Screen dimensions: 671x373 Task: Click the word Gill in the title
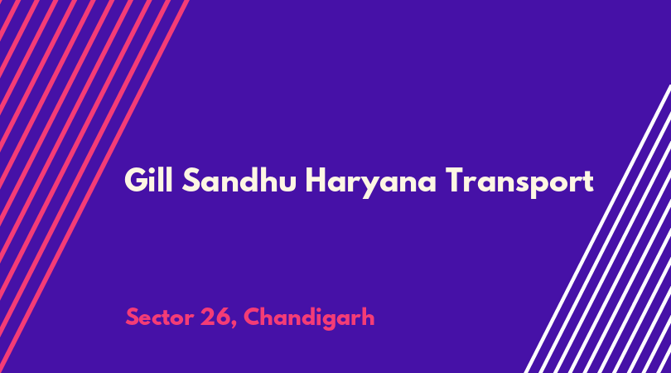click(x=148, y=180)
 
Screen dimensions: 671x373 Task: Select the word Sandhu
click(x=239, y=180)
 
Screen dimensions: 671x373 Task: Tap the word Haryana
click(x=371, y=182)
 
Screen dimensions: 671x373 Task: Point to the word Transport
click(x=519, y=182)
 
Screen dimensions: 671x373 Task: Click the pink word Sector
click(x=160, y=317)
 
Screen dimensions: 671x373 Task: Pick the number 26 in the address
click(x=215, y=317)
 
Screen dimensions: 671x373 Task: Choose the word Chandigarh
click(x=309, y=318)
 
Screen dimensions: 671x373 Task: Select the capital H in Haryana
click(x=316, y=180)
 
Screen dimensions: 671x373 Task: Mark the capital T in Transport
click(x=456, y=180)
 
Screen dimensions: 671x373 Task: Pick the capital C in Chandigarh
click(x=253, y=317)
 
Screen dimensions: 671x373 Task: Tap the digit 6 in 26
click(x=224, y=317)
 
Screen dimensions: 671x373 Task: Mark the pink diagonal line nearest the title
click(x=94, y=186)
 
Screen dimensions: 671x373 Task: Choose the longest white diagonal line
click(x=597, y=229)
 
